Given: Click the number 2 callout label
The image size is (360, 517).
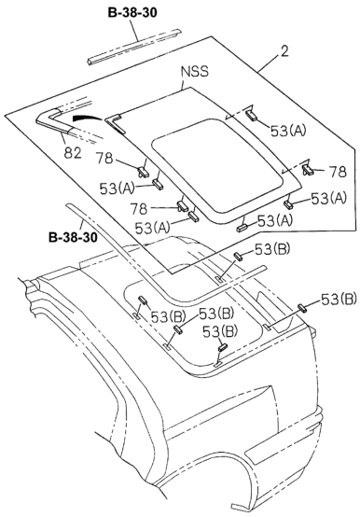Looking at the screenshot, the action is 284,51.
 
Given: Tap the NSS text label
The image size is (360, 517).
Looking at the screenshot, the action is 195,72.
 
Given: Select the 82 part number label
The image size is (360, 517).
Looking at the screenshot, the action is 72,153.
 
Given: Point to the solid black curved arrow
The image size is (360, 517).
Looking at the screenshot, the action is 87,117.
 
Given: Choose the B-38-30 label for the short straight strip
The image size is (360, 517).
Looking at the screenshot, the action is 132,12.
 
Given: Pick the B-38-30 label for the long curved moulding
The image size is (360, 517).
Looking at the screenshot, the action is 73,237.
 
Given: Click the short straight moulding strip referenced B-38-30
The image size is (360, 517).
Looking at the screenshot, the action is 134,47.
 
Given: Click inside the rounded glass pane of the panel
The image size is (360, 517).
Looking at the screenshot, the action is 218,165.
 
